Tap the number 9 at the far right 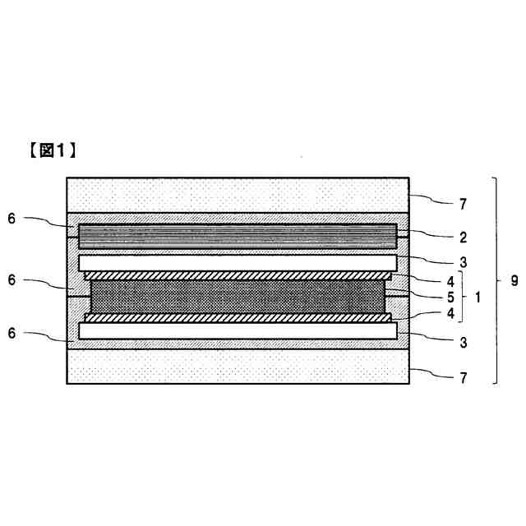[x=514, y=281]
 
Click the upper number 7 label [x=464, y=200]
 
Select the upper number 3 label [x=464, y=263]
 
